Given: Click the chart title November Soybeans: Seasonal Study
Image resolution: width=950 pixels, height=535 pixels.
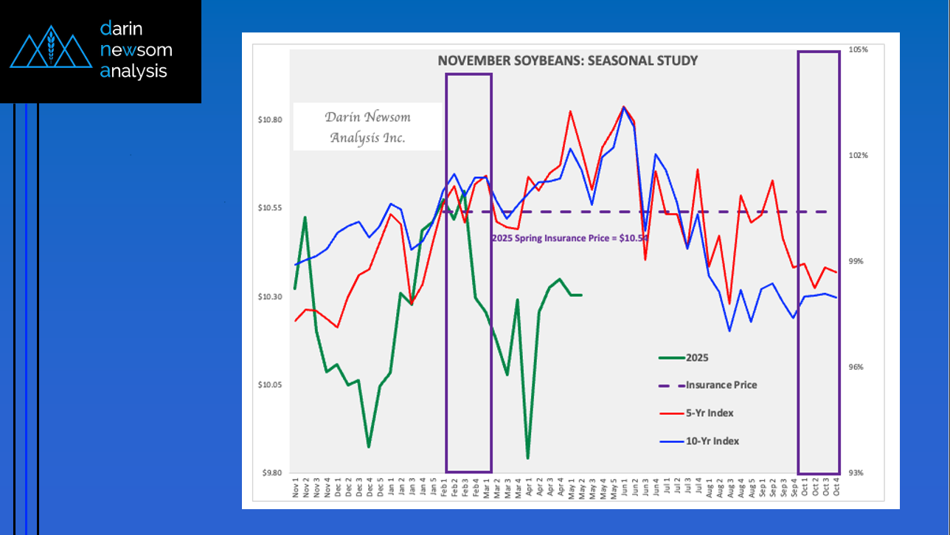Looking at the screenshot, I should click(567, 61).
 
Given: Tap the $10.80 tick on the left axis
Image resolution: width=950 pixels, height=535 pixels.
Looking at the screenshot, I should click(271, 120).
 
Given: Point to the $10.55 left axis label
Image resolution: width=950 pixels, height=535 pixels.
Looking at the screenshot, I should click(271, 208).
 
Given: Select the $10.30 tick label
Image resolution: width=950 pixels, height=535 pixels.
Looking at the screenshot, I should click(271, 297).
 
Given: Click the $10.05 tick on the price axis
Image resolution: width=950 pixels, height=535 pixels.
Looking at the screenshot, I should click(271, 385).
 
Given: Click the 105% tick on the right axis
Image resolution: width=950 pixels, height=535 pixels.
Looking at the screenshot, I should click(859, 49).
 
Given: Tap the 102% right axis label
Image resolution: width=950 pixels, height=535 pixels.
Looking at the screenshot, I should click(859, 156).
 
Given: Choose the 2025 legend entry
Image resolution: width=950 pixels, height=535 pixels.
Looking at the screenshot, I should click(697, 358).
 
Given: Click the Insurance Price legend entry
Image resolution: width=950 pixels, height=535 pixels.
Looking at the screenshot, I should click(721, 385).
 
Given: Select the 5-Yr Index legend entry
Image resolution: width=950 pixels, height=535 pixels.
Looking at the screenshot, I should click(710, 413).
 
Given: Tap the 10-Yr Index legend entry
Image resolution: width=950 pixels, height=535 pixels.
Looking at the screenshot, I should click(712, 441).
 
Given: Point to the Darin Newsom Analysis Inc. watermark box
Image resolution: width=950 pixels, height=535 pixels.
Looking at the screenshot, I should click(367, 127).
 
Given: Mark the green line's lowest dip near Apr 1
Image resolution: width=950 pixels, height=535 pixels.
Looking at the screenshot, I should click(528, 458).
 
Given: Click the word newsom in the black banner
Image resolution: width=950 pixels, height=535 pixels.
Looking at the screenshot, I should click(136, 50).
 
